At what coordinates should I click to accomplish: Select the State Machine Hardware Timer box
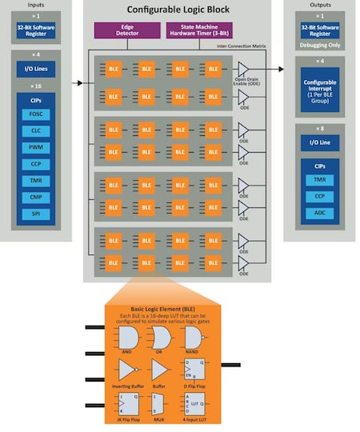[x=198, y=30]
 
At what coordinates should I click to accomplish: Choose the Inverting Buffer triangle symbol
[x=128, y=370]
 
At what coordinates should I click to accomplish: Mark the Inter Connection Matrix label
[x=241, y=46]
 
